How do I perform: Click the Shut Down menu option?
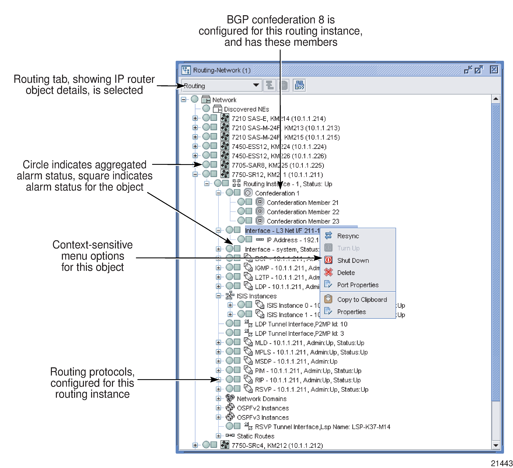click(353, 260)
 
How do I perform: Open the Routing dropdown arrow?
click(256, 85)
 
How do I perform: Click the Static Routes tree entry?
click(255, 436)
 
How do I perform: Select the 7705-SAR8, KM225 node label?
click(277, 165)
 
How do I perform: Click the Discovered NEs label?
click(246, 109)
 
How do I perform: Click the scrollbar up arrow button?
click(495, 99)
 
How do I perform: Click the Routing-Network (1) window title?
click(222, 70)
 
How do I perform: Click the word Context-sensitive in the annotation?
click(92, 245)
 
